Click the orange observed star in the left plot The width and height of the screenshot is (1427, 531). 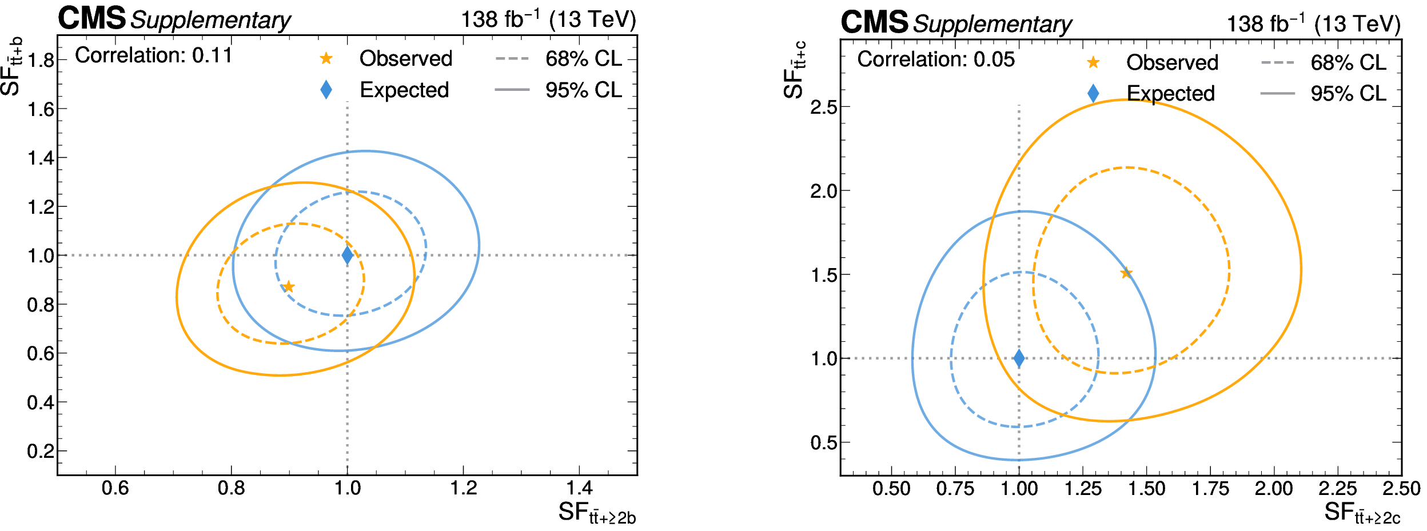pyautogui.click(x=289, y=286)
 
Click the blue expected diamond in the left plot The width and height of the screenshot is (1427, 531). pyautogui.click(x=347, y=255)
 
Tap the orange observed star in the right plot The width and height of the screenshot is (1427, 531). pyautogui.click(x=1126, y=273)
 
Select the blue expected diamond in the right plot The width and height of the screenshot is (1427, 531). pyautogui.click(x=1019, y=358)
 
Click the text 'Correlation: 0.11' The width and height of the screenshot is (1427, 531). pyautogui.click(x=153, y=55)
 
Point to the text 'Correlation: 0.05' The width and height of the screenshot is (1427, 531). pyautogui.click(x=936, y=59)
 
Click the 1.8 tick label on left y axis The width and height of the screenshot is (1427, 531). pyautogui.click(x=41, y=60)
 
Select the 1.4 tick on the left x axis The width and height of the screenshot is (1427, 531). pyautogui.click(x=579, y=488)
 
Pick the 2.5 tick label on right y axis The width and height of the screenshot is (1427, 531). pyautogui.click(x=823, y=107)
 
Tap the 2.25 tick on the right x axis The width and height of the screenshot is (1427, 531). pyautogui.click(x=1337, y=489)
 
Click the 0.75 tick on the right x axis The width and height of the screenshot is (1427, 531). pyautogui.click(x=955, y=489)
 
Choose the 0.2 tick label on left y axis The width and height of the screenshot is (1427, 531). pyautogui.click(x=41, y=452)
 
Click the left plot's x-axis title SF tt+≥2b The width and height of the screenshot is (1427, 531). pyautogui.click(x=597, y=513)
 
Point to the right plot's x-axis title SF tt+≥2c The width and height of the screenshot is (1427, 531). pyautogui.click(x=1362, y=513)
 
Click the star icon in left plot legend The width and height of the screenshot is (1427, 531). pyautogui.click(x=326, y=58)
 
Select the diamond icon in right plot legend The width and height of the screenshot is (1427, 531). pyautogui.click(x=1093, y=93)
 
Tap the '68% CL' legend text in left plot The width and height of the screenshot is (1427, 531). pyautogui.click(x=583, y=58)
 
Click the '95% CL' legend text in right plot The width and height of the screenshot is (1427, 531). pyautogui.click(x=1348, y=93)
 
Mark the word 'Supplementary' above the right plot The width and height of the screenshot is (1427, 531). pyautogui.click(x=992, y=24)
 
